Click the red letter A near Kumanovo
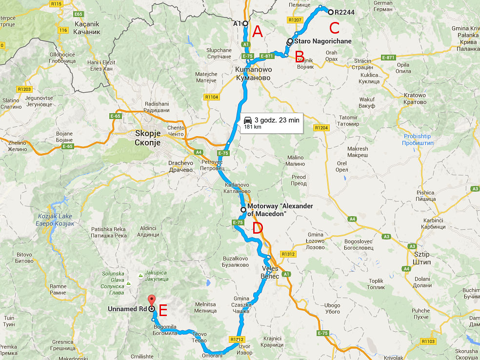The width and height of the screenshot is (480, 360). point(257,32)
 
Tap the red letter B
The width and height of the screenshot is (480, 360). point(300,57)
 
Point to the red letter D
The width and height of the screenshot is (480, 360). point(257,228)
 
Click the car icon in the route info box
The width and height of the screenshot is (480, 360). point(247,120)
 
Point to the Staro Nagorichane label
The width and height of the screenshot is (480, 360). point(322,41)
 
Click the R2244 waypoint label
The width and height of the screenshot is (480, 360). point(344,12)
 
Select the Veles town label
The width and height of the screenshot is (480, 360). point(270,272)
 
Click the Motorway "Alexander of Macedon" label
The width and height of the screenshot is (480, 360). point(280,210)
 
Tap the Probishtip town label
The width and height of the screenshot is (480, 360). point(417,140)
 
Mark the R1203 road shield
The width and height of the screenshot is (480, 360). point(24,89)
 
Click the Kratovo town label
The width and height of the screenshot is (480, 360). point(414,99)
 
